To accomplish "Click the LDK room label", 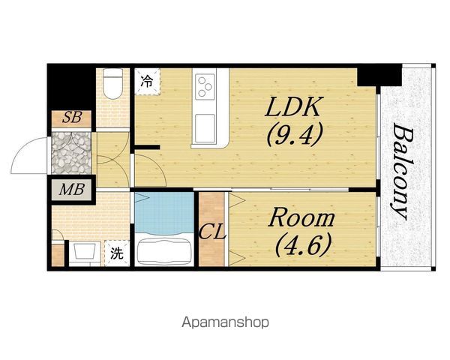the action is [292, 106].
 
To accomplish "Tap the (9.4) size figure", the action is [295, 135].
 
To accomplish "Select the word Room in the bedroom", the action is [301, 218].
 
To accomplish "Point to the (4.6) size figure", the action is [303, 244].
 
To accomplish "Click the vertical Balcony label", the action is [402, 172].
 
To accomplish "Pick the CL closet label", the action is [213, 232].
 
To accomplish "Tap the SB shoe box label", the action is [72, 117].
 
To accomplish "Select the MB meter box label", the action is [72, 190].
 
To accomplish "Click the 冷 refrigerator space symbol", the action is [147, 81].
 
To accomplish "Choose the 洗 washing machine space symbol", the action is [117, 253].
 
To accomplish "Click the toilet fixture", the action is [112, 83].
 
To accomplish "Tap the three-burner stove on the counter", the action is [205, 87].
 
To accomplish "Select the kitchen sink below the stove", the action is [205, 128].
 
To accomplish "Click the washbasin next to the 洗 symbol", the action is [85, 252].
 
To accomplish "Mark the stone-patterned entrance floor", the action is [71, 153].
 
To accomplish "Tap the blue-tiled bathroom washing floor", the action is [164, 212].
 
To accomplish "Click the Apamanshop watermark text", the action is [225, 322].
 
